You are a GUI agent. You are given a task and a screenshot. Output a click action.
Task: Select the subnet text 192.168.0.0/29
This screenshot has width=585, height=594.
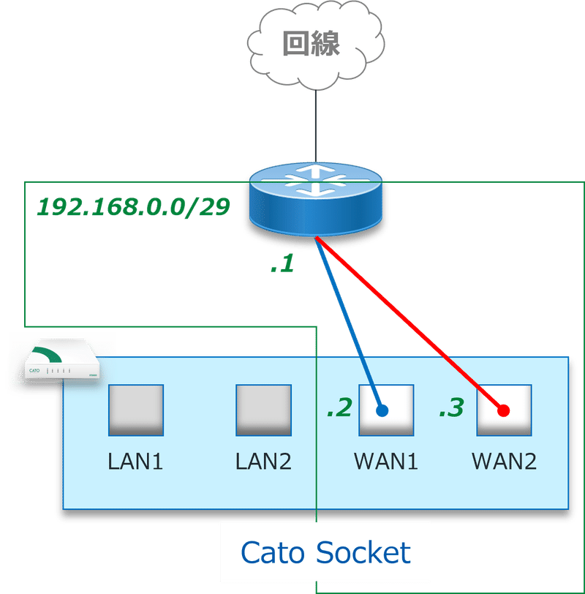point(134,208)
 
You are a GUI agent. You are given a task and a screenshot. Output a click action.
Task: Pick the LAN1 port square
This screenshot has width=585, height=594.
point(135,410)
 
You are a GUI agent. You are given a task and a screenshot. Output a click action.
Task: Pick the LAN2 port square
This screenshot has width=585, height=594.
point(263,410)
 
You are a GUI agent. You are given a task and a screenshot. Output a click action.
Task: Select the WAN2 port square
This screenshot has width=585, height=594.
point(504,410)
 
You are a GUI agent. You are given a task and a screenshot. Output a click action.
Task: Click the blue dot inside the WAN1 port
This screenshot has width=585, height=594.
point(382,410)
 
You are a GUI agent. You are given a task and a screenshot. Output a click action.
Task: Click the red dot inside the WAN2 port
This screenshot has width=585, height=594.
point(503,410)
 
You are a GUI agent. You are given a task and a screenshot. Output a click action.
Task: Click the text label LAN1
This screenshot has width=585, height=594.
point(135,462)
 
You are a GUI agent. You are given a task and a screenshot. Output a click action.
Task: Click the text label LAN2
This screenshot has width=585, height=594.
point(263,462)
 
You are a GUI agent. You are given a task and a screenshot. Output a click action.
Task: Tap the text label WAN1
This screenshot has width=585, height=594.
point(385,462)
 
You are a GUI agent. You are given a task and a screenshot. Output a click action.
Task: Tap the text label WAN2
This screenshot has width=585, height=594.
point(504,462)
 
